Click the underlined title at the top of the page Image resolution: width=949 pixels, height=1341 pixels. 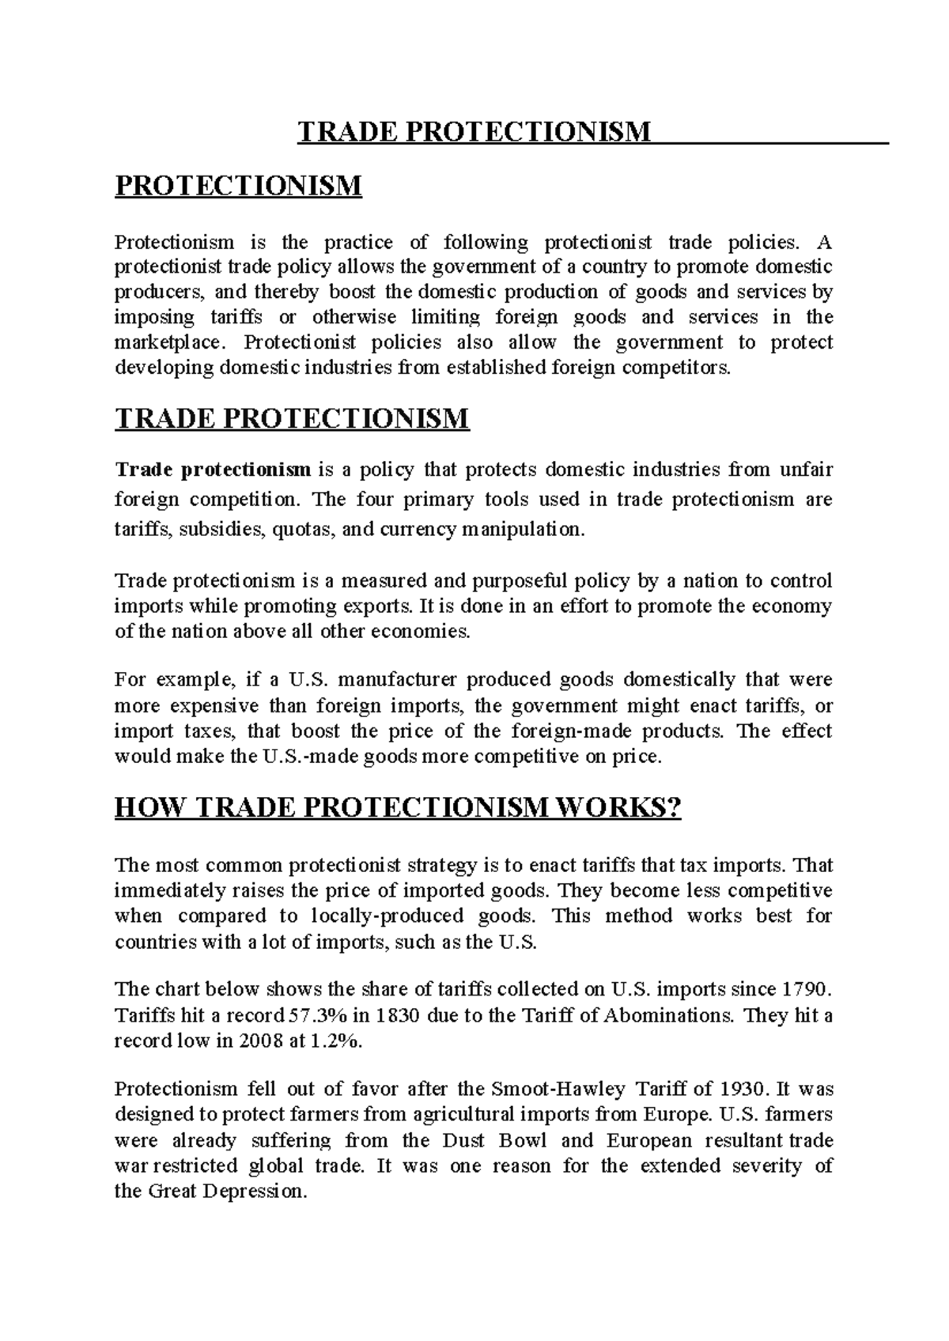[475, 131]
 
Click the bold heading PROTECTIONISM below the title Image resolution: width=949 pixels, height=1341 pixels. [238, 187]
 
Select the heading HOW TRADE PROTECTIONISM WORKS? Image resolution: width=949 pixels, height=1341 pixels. [398, 808]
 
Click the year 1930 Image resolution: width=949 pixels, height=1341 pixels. [743, 1089]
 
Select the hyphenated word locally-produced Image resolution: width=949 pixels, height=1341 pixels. [387, 916]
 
